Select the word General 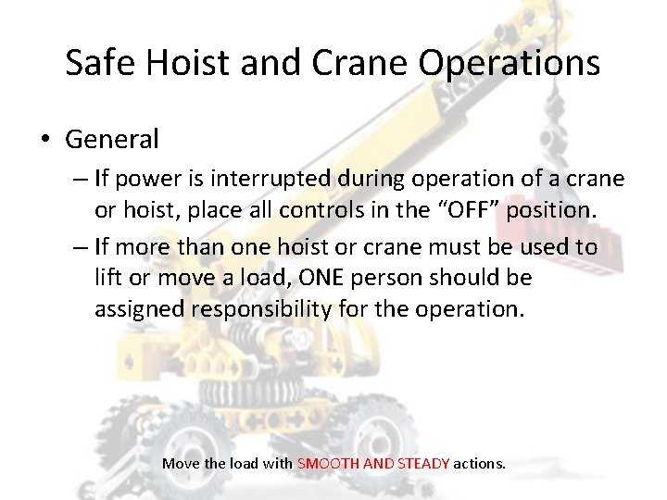click(112, 140)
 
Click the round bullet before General click(44, 141)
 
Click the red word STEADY click(423, 463)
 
